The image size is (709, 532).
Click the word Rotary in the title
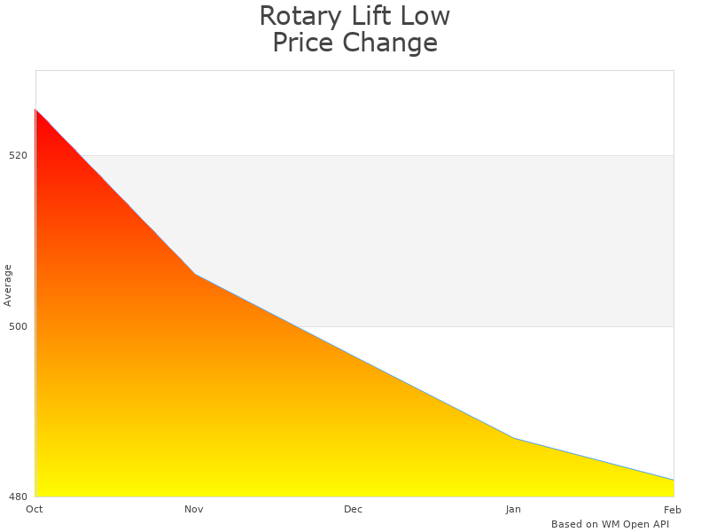[x=298, y=16]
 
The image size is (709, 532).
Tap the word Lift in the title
[x=369, y=16]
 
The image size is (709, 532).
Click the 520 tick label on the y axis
[x=19, y=155]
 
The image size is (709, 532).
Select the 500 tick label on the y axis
[x=19, y=326]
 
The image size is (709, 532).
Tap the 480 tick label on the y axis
[x=19, y=497]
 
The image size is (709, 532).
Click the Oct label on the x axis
[x=35, y=509]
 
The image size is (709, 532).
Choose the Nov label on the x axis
[x=194, y=509]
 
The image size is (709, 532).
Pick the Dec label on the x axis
[x=354, y=509]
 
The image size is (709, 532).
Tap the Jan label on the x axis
[x=513, y=509]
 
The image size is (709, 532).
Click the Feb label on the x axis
[x=673, y=509]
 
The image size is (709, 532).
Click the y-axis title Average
[x=8, y=285]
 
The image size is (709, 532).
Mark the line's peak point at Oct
[x=35, y=110]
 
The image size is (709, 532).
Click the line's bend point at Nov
[x=195, y=274]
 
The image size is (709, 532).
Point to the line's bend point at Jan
[x=514, y=438]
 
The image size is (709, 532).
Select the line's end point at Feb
[x=674, y=481]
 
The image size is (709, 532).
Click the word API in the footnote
[x=658, y=524]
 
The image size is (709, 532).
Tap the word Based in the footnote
[x=566, y=524]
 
